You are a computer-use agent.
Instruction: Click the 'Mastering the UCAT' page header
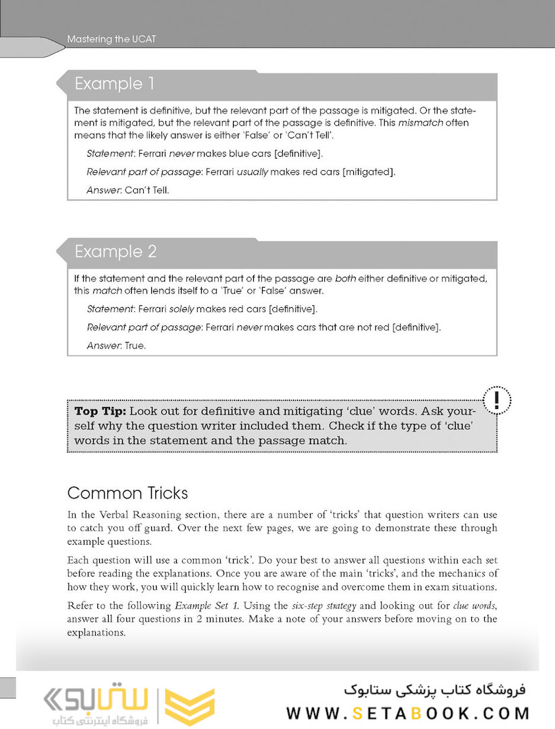[111, 39]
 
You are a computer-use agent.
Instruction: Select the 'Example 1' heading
[114, 84]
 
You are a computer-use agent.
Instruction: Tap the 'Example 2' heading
[115, 252]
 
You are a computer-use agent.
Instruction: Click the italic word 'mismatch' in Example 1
[417, 123]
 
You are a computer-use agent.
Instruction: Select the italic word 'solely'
[184, 309]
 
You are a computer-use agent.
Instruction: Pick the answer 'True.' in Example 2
[135, 346]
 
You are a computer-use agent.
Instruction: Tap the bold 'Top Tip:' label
[99, 411]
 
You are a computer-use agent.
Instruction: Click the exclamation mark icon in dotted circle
[497, 400]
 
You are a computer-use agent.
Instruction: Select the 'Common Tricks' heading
[128, 493]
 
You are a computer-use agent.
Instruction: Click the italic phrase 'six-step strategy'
[319, 605]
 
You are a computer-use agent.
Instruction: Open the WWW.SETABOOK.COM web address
[408, 713]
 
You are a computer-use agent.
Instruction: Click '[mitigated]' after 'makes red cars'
[369, 172]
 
